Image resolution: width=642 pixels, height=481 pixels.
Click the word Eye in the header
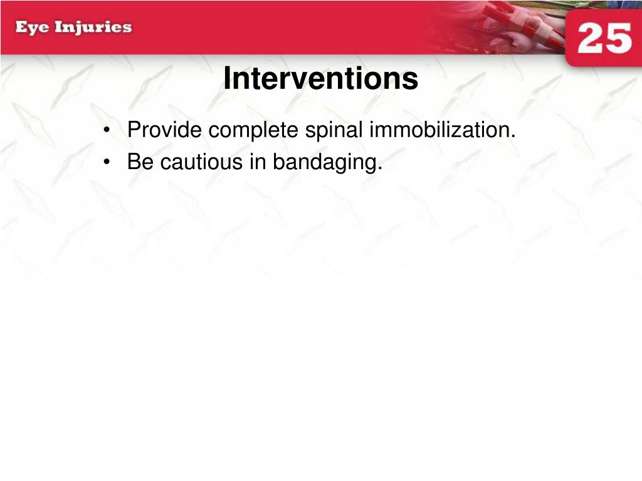32,28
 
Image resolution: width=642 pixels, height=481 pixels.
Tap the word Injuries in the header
93,28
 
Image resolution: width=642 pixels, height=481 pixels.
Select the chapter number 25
605,38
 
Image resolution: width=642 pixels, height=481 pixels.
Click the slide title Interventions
320,78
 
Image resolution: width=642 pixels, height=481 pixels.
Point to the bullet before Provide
107,130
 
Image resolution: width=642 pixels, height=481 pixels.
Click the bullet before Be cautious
107,162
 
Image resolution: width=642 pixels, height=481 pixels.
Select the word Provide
165,130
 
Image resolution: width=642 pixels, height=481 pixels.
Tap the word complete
253,131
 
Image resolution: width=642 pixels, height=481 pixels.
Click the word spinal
334,131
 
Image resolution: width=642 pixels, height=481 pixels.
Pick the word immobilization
439,130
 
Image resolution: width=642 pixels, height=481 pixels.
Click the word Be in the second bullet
140,162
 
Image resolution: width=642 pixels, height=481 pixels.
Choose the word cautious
201,162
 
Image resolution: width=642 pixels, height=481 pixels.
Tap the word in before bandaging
258,162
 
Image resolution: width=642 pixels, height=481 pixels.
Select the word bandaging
325,163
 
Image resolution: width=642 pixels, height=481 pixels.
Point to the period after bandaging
380,168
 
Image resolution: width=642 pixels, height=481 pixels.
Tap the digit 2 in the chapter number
590,38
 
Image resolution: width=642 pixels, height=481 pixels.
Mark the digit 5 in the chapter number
619,38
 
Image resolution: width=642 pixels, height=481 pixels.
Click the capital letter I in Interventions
228,78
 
